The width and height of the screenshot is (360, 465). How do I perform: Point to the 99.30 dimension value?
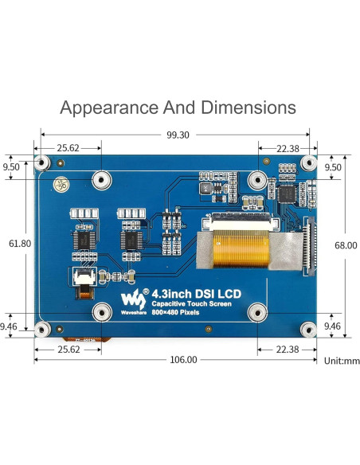178,135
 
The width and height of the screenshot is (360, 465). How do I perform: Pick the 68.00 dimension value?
346,246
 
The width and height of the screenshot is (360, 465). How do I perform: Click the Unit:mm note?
342,361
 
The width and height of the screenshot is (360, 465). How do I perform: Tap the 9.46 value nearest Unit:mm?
332,325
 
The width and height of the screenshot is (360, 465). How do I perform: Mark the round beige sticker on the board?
59,186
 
